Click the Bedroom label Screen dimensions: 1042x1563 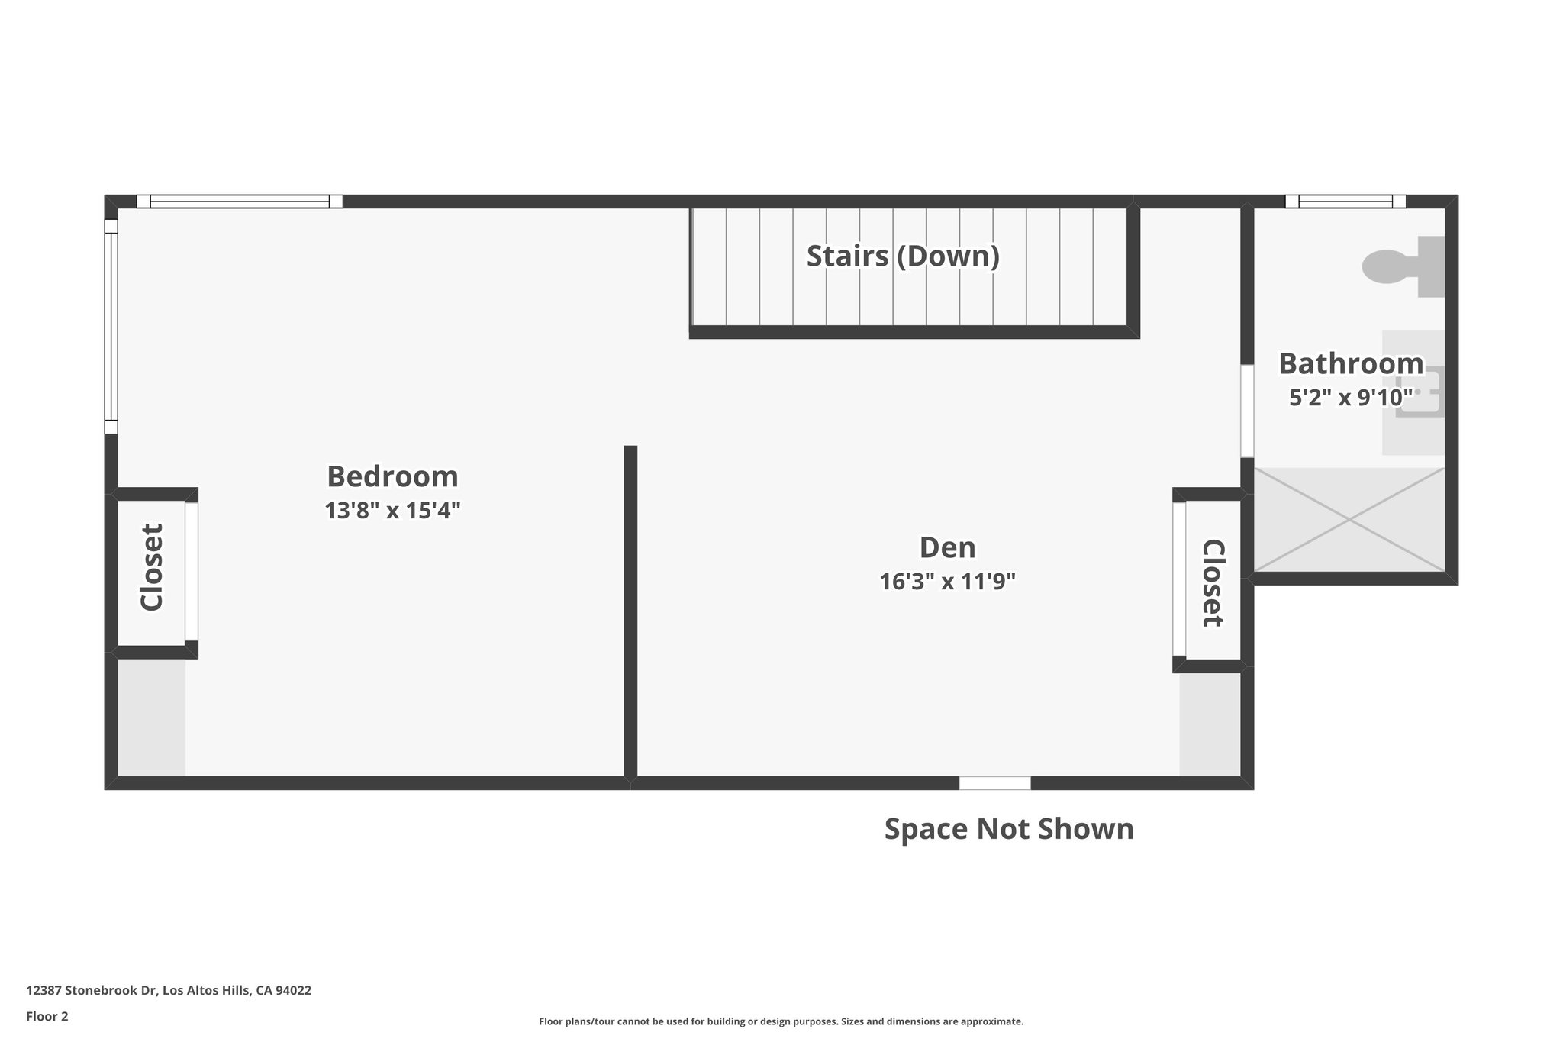tap(392, 476)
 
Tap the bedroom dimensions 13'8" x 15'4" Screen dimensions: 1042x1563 tap(392, 511)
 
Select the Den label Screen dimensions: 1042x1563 tap(947, 547)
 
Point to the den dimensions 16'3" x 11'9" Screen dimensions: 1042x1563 tap(947, 582)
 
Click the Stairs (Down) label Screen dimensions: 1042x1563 tap(903, 256)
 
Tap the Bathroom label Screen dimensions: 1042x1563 tap(1350, 363)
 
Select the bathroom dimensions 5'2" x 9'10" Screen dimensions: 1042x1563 tap(1350, 398)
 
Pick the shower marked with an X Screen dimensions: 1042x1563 tap(1349, 520)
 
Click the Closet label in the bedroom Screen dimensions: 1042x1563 tap(152, 567)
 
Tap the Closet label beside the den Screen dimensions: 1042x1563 tap(1213, 582)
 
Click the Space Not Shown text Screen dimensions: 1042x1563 tap(1008, 829)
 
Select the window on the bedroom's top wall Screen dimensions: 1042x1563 tap(240, 202)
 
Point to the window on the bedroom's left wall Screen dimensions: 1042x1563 tap(111, 327)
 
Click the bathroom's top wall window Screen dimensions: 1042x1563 tap(1345, 202)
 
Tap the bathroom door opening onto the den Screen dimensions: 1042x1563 tap(1247, 411)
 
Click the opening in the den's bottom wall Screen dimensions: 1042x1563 tap(994, 783)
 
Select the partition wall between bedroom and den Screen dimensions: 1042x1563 tap(630, 611)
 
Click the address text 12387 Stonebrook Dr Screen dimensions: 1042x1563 tap(169, 991)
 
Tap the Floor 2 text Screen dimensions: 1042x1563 tap(47, 1016)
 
